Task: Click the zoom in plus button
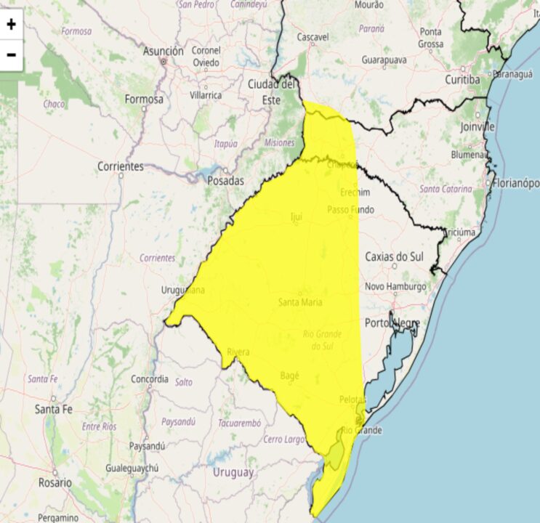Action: coord(12,24)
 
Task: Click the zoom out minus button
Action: coord(12,54)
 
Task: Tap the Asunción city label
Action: coord(164,52)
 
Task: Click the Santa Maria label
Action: coord(300,302)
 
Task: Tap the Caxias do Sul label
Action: coord(393,256)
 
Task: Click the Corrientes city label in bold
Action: coord(121,166)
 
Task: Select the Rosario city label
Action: coord(55,482)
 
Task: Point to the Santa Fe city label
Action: coord(54,410)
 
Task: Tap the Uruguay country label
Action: coord(233,472)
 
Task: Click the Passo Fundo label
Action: coord(350,210)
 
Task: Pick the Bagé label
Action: coord(289,376)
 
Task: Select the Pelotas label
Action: coord(353,400)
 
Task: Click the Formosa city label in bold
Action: coord(144,99)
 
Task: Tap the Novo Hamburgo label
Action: coord(395,286)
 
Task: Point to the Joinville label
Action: coord(477,126)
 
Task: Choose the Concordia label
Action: coord(150,379)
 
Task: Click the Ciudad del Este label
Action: coord(271,92)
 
